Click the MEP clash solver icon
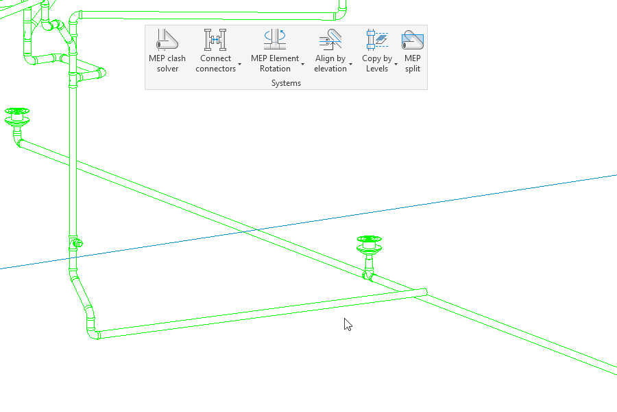coord(167,40)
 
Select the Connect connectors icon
coord(215,40)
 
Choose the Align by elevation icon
coord(330,40)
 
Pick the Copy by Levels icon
coord(377,40)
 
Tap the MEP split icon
coord(413,40)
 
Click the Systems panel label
coord(286,83)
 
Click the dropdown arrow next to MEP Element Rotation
coord(303,64)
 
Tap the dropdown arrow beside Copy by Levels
coord(396,64)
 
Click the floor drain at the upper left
coord(17,115)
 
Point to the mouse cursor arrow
coord(348,324)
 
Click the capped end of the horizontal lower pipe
coord(424,292)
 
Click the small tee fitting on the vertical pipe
coord(75,242)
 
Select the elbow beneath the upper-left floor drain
coord(19,141)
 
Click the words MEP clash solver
coord(167,63)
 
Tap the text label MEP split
coord(413,63)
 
